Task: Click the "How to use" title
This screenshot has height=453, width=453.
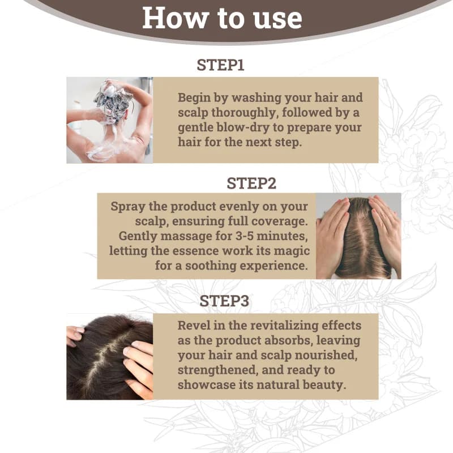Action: pos(222,18)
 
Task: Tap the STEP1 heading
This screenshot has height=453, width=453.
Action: pos(220,65)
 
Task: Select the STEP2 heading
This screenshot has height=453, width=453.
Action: pos(251,183)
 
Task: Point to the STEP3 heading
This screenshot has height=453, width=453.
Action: pos(224,301)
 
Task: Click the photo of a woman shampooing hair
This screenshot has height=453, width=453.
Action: pos(110,120)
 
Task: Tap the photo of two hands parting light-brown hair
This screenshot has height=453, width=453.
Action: pos(358,236)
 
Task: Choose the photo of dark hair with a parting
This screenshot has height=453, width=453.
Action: pos(110,357)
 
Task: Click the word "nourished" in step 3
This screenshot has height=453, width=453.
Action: pos(326,355)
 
